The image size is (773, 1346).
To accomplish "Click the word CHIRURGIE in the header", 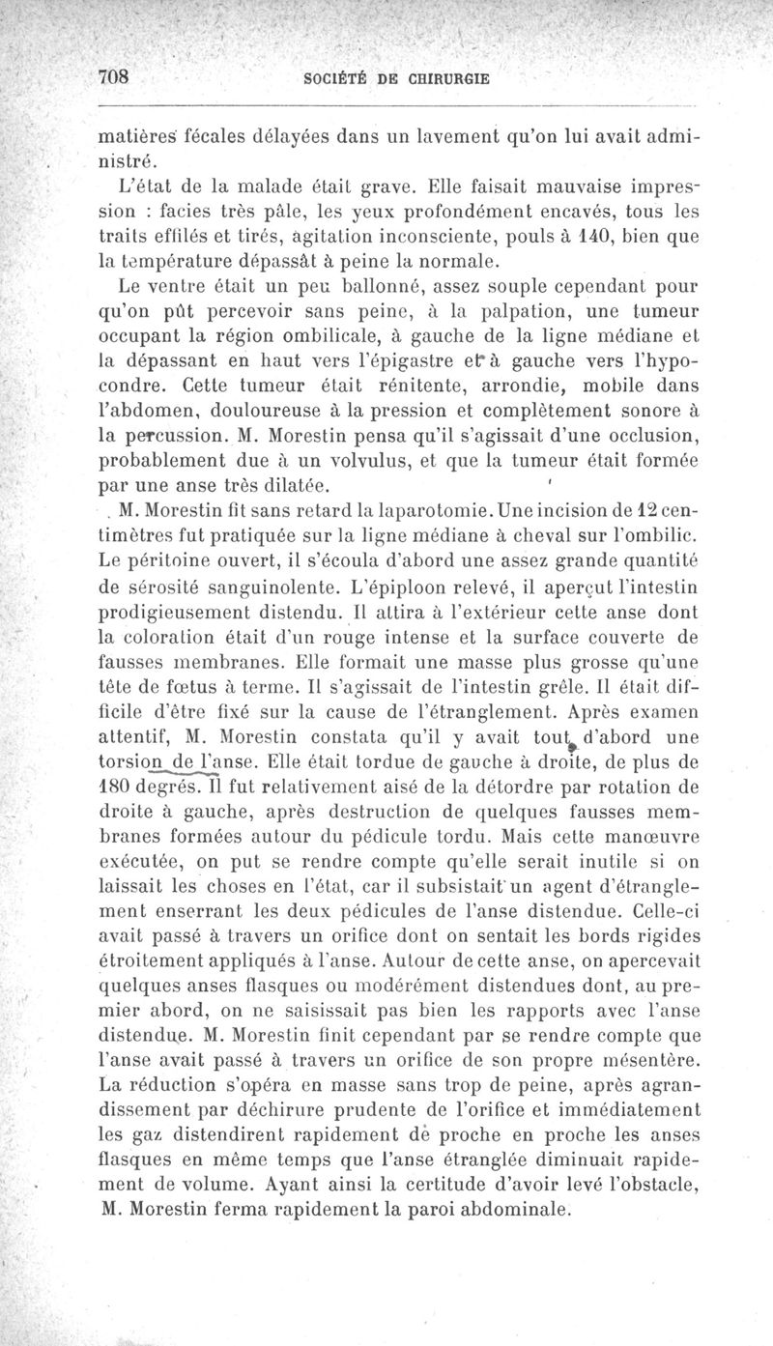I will [454, 78].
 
